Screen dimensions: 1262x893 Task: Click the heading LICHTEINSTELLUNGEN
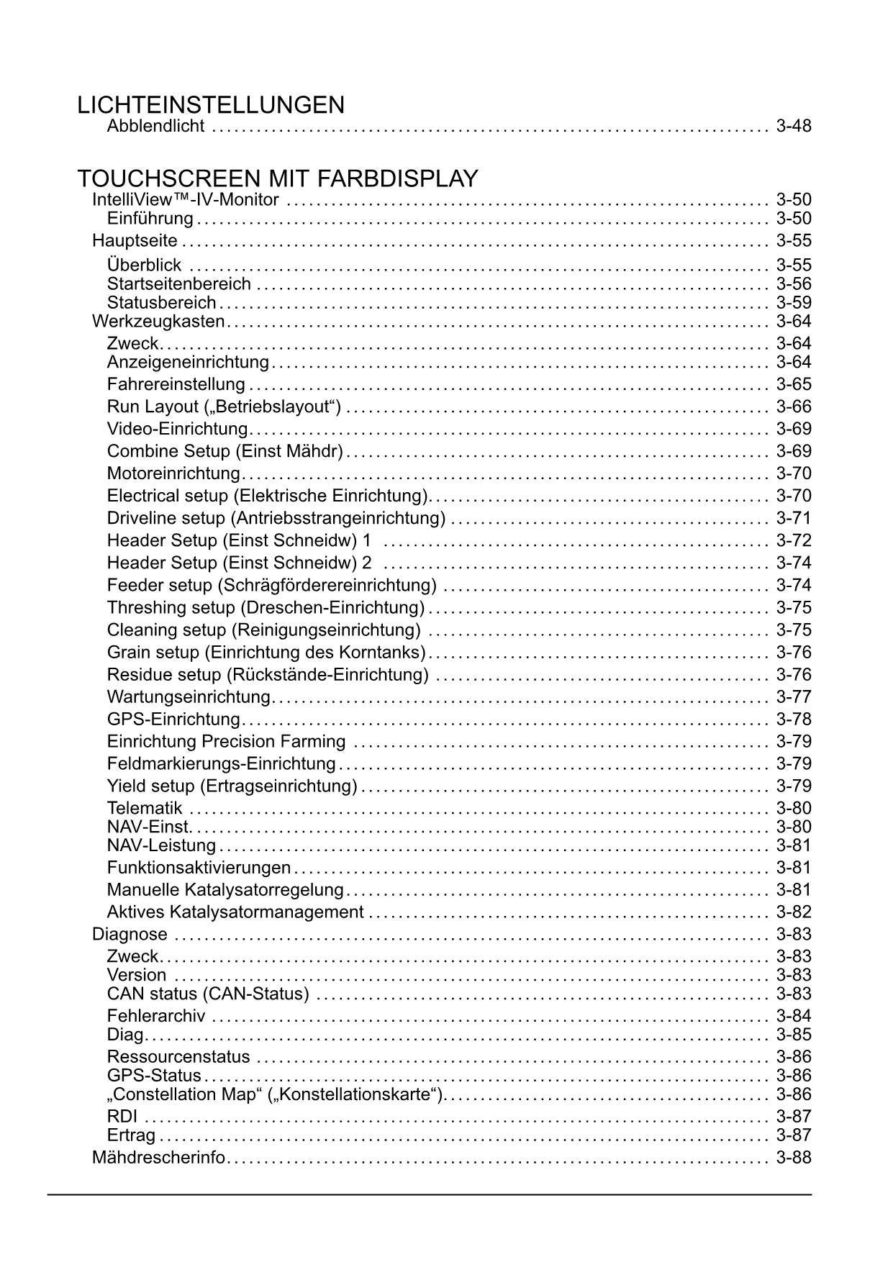click(x=211, y=106)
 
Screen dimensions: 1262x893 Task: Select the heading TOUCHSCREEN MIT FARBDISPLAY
click(x=278, y=178)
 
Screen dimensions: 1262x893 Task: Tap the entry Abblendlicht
click(x=155, y=127)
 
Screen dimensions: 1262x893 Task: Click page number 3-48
click(x=794, y=127)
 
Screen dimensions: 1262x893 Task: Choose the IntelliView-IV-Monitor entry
click(x=186, y=200)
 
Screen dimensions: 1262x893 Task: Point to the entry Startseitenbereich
click(x=179, y=284)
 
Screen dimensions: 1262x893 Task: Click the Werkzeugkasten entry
click(x=158, y=321)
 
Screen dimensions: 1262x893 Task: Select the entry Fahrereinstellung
click(x=176, y=384)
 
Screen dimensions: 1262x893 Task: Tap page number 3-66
click(x=794, y=407)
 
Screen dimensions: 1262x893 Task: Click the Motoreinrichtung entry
click(x=173, y=473)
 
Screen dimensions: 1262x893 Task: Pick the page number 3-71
click(x=794, y=518)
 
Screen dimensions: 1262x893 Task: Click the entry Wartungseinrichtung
click(x=189, y=696)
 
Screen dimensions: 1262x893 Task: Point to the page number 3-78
click(x=794, y=719)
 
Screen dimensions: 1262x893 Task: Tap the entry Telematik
click(x=145, y=808)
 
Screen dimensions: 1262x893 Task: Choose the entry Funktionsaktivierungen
click(x=199, y=868)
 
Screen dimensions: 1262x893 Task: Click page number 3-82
click(x=794, y=912)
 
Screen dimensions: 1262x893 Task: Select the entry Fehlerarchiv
click(x=156, y=1016)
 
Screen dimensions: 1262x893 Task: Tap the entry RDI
click(x=122, y=1117)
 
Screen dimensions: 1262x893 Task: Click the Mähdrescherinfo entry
click(x=159, y=1158)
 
